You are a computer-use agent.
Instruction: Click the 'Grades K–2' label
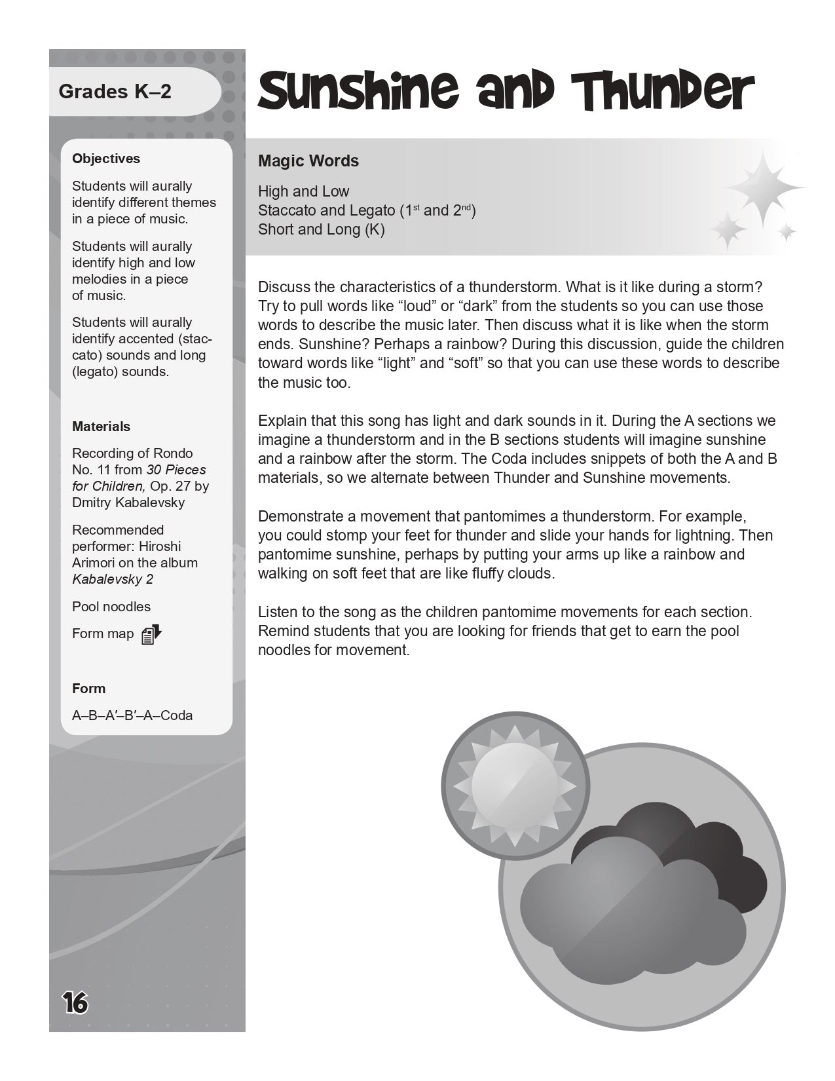point(115,91)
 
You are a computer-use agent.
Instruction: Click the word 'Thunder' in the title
point(662,92)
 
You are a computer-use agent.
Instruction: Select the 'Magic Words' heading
point(308,161)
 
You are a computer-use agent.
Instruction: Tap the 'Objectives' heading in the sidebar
point(106,159)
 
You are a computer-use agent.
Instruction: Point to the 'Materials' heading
point(101,427)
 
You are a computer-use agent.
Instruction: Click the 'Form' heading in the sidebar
point(88,689)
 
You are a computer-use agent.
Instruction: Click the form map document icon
point(151,634)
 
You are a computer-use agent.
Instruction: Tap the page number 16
point(75,1002)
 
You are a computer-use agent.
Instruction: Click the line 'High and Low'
point(303,191)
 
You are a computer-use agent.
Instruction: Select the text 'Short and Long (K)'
point(321,229)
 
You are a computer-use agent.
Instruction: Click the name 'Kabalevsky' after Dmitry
point(151,503)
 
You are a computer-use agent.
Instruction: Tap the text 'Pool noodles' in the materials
point(111,607)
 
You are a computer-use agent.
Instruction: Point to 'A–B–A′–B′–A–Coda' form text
point(132,715)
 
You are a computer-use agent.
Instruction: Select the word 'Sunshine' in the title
point(358,92)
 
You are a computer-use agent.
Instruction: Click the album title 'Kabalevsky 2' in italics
point(113,579)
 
